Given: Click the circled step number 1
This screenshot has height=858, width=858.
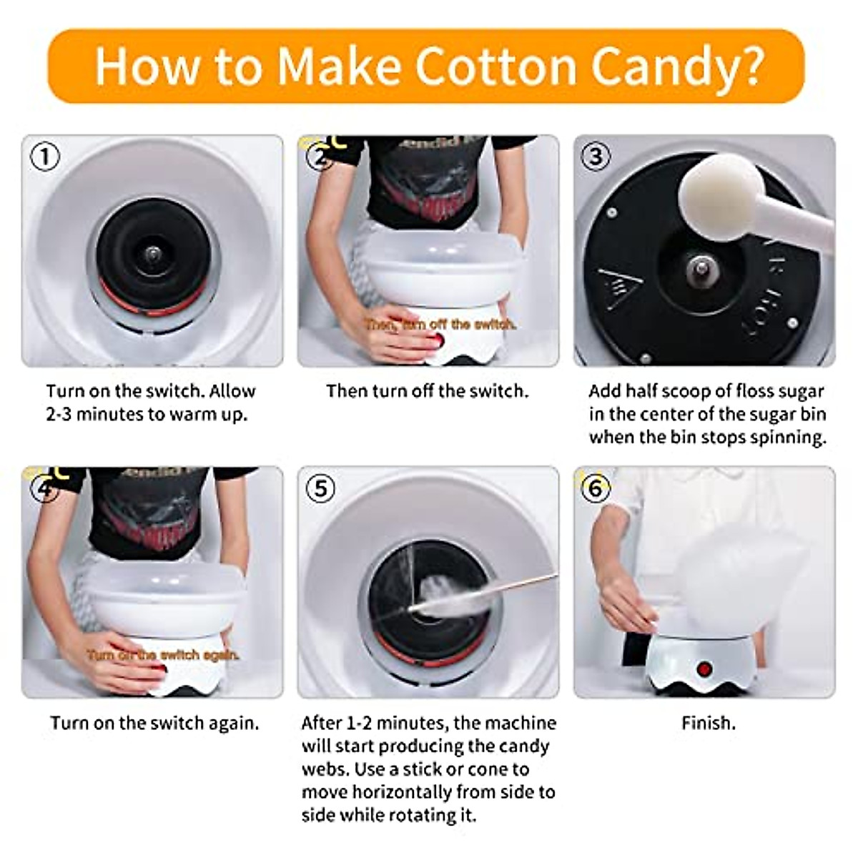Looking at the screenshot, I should (46, 156).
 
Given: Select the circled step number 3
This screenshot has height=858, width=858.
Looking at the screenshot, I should (596, 156).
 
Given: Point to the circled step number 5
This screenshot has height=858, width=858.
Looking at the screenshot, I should (320, 488).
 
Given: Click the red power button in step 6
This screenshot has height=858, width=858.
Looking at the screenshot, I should (704, 670).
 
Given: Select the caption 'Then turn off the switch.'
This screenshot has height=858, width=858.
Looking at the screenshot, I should (427, 391).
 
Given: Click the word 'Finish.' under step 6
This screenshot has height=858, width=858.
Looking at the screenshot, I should (708, 723).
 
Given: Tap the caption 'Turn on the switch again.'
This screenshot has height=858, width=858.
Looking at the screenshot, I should (154, 723).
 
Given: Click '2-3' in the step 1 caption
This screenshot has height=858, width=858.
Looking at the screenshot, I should (59, 415).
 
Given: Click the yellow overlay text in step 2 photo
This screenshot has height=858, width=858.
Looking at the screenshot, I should (439, 325).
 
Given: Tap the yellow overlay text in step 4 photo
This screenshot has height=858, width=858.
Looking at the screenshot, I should (163, 655).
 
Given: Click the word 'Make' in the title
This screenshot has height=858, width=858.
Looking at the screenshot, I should (338, 66).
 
